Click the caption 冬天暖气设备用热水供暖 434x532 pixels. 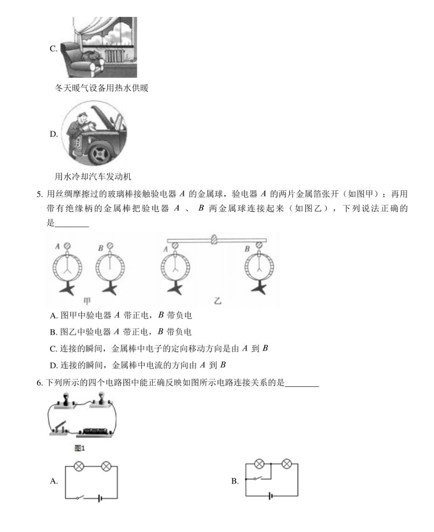click(101, 89)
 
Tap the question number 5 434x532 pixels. click(40, 195)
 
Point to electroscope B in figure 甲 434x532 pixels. click(110, 269)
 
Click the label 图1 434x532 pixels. click(80, 448)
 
